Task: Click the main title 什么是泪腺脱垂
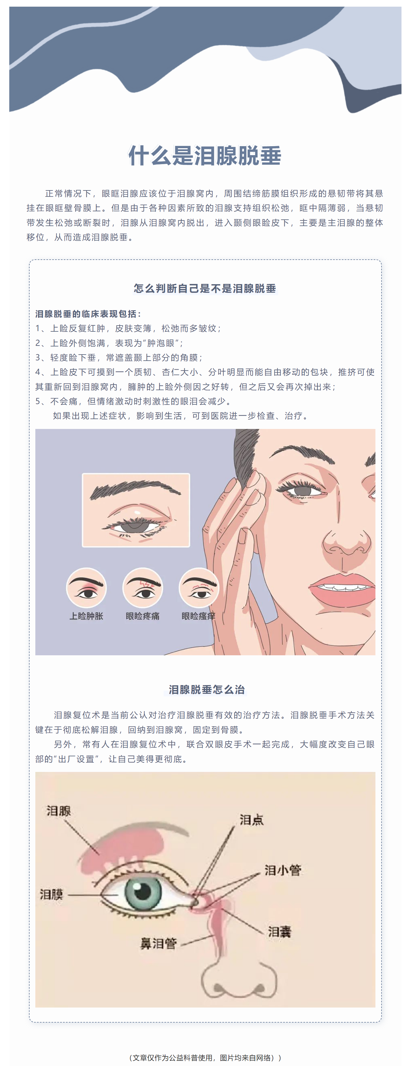pyautogui.click(x=205, y=156)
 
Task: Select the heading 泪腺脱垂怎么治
pyautogui.click(x=207, y=689)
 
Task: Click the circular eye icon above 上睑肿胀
pyautogui.click(x=87, y=588)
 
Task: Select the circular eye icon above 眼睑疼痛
pyautogui.click(x=143, y=588)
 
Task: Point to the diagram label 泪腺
pyautogui.click(x=59, y=811)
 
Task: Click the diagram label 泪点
pyautogui.click(x=252, y=819)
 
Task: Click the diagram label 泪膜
pyautogui.click(x=51, y=894)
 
